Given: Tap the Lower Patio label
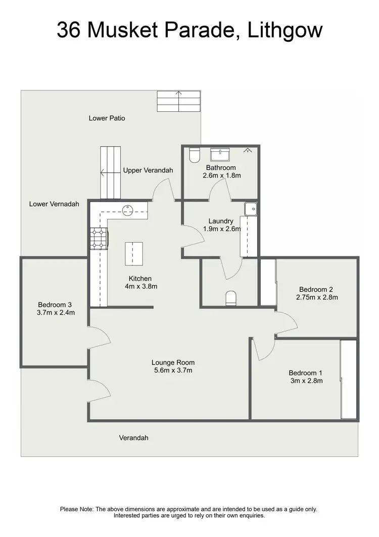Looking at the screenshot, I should click(107, 118).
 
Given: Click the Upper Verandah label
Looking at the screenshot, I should click(148, 170).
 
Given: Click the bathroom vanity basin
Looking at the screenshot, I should click(220, 154).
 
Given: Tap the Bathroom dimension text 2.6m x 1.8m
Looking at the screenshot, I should click(221, 176).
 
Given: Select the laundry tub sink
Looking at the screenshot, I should click(250, 208).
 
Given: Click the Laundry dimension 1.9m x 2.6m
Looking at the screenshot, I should click(221, 229).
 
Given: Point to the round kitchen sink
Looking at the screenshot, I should click(129, 208).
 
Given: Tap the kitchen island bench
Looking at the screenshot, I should click(134, 253).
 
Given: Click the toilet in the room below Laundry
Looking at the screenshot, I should click(230, 298).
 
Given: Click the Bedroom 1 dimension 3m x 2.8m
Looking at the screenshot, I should click(306, 381).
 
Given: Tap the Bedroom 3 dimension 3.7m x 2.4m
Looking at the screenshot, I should click(56, 312).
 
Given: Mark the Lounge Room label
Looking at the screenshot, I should click(173, 363).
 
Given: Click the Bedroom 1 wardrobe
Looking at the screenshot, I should click(349, 379).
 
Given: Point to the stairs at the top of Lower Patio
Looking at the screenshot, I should click(179, 101).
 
